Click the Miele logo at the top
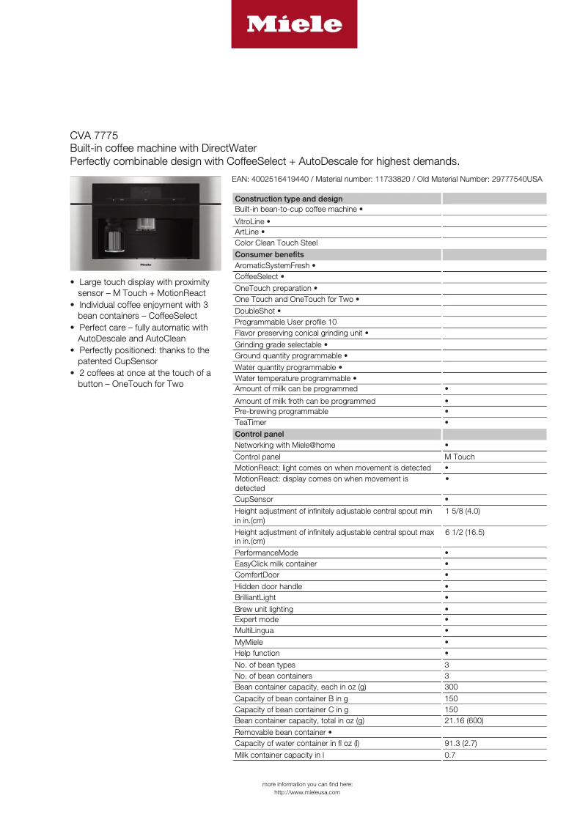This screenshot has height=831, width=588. point(294,25)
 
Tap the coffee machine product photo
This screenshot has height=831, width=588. point(144,224)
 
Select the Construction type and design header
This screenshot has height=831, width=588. point(289,199)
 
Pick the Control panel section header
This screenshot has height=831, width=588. point(260,434)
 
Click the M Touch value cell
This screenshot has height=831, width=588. point(460,457)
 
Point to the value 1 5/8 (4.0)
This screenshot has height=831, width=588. point(462,511)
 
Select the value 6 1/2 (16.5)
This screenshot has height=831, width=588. point(464,532)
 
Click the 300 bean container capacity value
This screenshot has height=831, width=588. point(452,687)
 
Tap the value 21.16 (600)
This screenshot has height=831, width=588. point(464,721)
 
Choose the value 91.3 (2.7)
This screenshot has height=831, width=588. point(461,743)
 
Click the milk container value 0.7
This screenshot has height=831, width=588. point(450,755)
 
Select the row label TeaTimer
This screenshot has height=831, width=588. point(251,423)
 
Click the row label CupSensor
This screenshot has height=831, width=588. point(254,500)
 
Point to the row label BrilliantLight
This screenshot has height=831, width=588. point(255,598)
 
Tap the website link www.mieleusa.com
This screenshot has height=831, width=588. point(307,792)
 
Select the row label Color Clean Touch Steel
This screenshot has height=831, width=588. point(276,243)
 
